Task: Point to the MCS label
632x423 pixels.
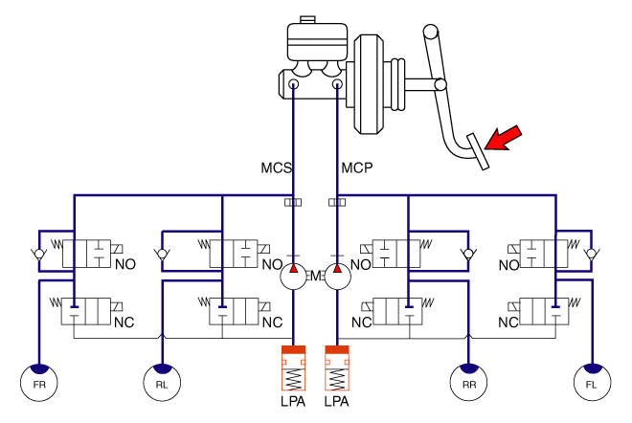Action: click(277, 168)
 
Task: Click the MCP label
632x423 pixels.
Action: click(356, 168)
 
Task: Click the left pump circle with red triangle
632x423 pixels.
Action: click(293, 277)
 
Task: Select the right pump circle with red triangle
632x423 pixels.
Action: click(337, 277)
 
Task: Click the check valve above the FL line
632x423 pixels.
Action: click(593, 255)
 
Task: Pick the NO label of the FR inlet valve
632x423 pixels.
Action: click(124, 264)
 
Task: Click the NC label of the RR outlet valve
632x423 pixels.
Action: click(361, 322)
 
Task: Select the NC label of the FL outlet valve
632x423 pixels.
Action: click(508, 322)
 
